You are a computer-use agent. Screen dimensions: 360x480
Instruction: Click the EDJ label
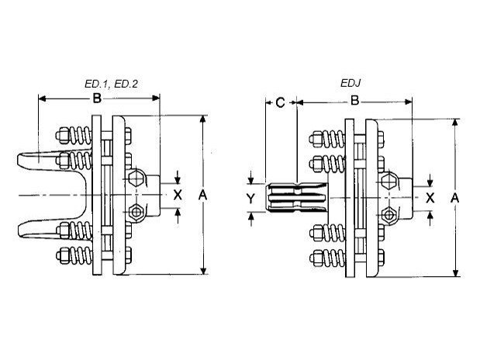point(350,83)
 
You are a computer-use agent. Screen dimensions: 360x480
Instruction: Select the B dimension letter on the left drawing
point(97,99)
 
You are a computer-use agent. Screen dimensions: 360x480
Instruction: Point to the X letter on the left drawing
point(178,194)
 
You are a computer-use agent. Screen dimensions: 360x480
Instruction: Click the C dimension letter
point(280,101)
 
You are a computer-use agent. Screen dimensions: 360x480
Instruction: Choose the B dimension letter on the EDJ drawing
point(354,101)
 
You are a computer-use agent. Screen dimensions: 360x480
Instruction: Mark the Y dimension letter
point(250,199)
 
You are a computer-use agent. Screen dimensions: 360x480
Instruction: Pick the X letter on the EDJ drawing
point(429,197)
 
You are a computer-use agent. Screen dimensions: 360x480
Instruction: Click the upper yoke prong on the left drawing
point(39,162)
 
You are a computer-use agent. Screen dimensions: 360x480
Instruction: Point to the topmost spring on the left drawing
point(74,135)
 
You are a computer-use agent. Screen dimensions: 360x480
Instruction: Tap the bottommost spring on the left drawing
point(74,256)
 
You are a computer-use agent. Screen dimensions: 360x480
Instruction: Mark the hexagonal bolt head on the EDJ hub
point(387,182)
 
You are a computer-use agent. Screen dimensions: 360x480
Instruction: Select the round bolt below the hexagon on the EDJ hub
point(388,214)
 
